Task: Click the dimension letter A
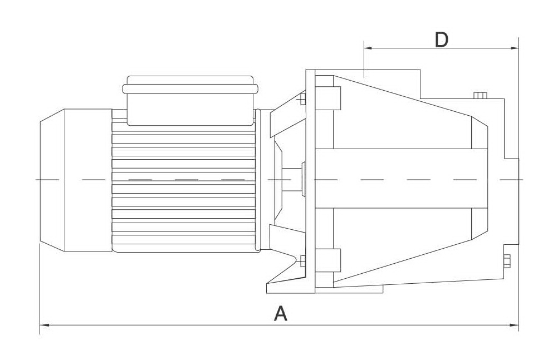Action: click(281, 314)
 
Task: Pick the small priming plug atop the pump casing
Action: click(480, 95)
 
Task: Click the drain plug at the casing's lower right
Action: click(507, 261)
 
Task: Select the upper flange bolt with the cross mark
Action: click(302, 100)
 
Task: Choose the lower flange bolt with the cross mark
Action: click(302, 260)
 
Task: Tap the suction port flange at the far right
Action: click(511, 201)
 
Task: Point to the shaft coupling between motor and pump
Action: click(295, 179)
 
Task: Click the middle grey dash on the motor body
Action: click(187, 180)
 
